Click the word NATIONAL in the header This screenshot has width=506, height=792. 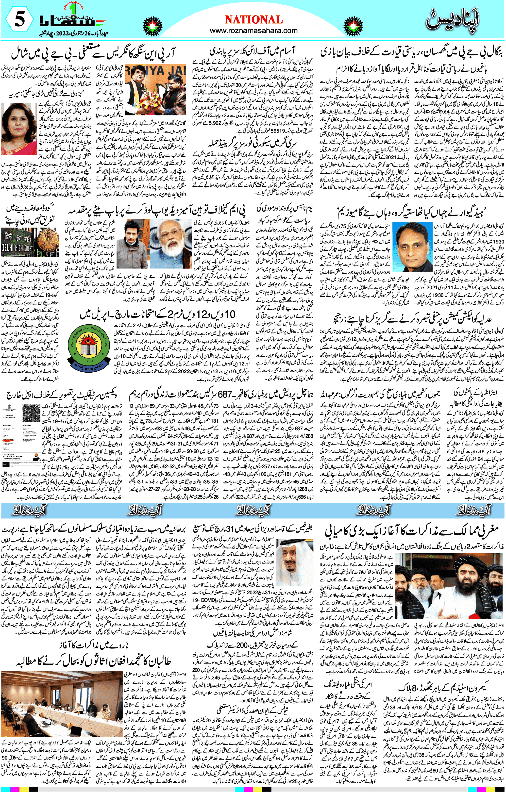253,20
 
